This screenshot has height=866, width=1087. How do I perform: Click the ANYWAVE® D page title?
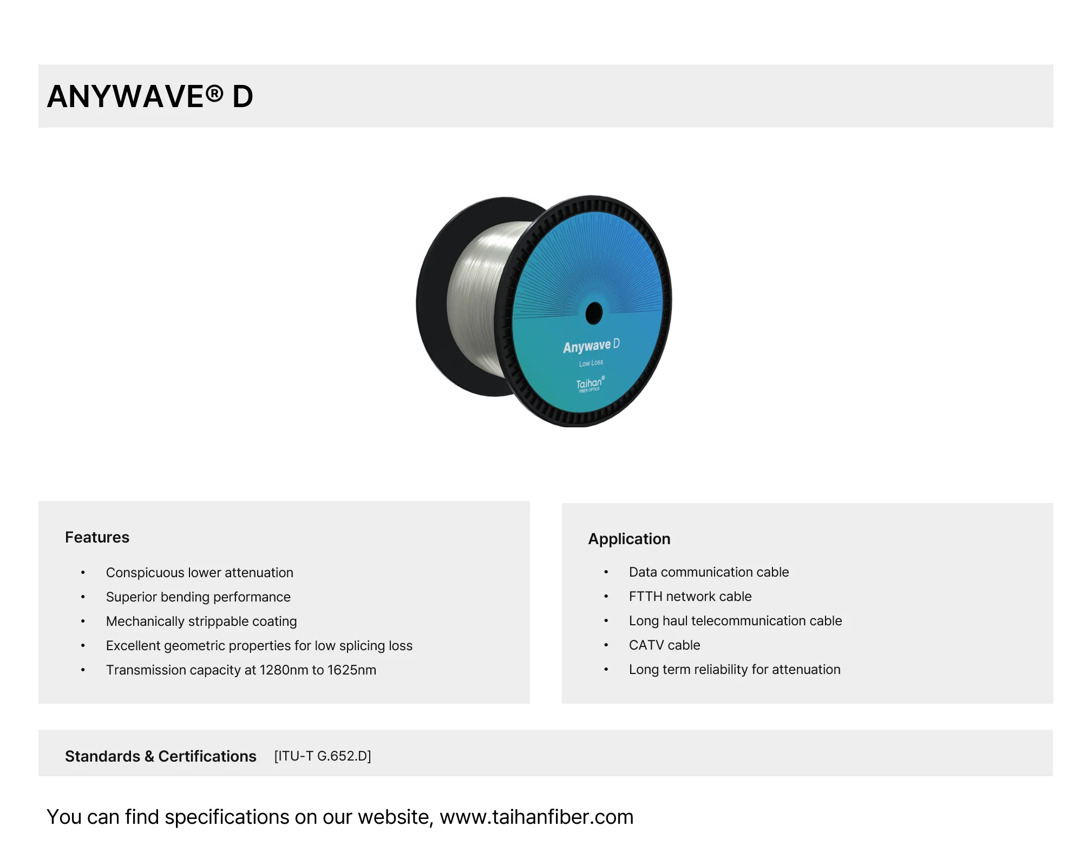[x=150, y=97]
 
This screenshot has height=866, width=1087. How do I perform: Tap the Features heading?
[x=97, y=537]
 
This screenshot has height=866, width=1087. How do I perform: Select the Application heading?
[x=629, y=539]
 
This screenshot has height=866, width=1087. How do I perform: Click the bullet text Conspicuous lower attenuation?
[x=199, y=572]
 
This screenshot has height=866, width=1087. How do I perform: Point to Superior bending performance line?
[x=198, y=597]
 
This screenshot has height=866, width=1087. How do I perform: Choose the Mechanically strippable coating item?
[x=201, y=621]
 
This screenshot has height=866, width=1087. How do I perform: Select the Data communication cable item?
[x=709, y=572]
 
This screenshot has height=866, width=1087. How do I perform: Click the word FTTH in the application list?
[x=645, y=596]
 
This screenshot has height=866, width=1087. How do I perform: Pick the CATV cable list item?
[x=664, y=645]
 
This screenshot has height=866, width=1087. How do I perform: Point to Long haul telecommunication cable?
[x=735, y=620]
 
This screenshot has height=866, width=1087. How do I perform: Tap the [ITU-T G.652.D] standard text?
[x=323, y=756]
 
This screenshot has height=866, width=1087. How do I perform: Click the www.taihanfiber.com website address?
[x=536, y=817]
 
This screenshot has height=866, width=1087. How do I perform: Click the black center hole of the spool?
[x=594, y=313]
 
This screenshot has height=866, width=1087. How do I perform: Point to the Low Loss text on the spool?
[x=591, y=363]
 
